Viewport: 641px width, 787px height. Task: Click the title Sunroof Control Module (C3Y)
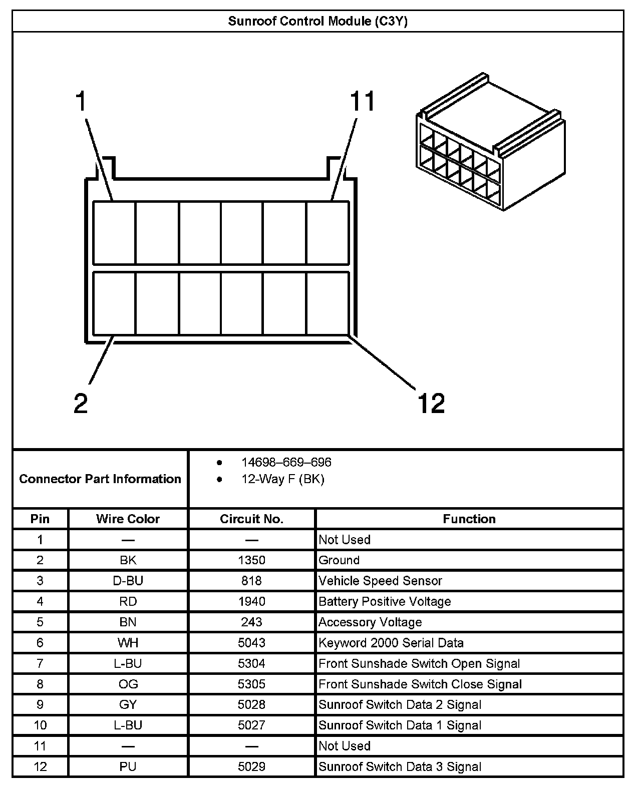[317, 21]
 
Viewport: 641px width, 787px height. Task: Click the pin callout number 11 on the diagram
[362, 102]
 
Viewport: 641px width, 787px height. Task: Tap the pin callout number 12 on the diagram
[431, 403]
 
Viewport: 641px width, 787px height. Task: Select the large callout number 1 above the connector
[81, 102]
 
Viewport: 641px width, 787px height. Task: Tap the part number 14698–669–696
[286, 462]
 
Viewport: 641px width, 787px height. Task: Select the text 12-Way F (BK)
[282, 479]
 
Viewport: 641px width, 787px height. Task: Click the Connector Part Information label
[100, 479]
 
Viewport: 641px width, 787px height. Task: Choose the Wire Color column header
[128, 519]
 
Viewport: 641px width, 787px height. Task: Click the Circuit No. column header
[251, 519]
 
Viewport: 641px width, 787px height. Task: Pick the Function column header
[469, 519]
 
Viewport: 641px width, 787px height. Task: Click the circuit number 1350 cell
[251, 560]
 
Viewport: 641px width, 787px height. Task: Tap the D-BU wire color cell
[128, 581]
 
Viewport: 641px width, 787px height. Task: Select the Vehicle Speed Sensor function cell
[380, 581]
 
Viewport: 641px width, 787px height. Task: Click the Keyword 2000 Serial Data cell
[391, 643]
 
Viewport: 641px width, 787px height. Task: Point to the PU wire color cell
[128, 766]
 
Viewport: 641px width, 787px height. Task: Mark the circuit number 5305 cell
[251, 684]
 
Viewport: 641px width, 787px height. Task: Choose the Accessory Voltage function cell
[370, 622]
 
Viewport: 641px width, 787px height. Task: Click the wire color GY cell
[128, 705]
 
